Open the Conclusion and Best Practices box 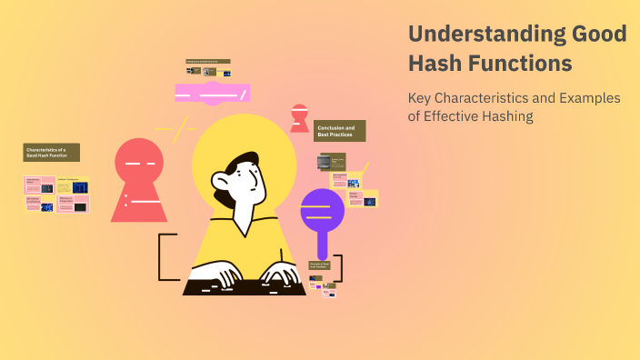[340, 131]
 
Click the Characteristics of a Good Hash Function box [52, 153]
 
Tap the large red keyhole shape [139, 177]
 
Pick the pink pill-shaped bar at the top [212, 93]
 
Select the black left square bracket [164, 256]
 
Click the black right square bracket [338, 267]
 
